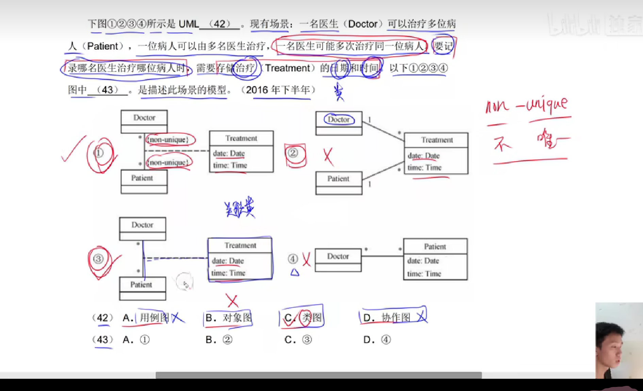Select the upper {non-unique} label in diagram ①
click(x=169, y=140)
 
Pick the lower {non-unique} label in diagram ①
click(x=169, y=162)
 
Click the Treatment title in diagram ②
click(x=436, y=140)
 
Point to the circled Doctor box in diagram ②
click(x=339, y=119)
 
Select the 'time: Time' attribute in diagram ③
click(x=228, y=273)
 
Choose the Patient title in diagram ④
click(x=435, y=247)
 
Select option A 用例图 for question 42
click(x=146, y=318)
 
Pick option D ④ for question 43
click(x=377, y=340)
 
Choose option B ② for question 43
click(x=219, y=340)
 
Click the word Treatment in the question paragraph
click(x=287, y=68)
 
